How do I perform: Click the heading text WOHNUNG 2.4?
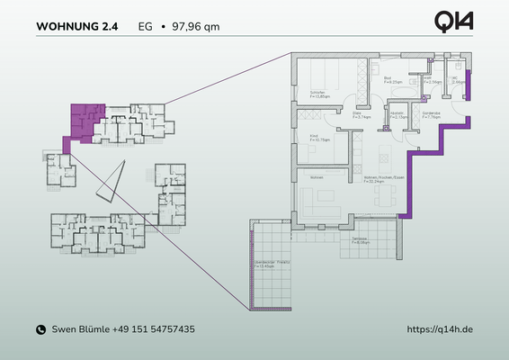[76, 27]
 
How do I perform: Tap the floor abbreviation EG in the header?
[145, 27]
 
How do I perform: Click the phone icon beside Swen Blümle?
[40, 330]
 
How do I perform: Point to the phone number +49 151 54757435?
[154, 330]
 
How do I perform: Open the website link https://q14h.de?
[440, 330]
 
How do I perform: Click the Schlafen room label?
[317, 94]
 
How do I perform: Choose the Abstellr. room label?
[397, 115]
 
